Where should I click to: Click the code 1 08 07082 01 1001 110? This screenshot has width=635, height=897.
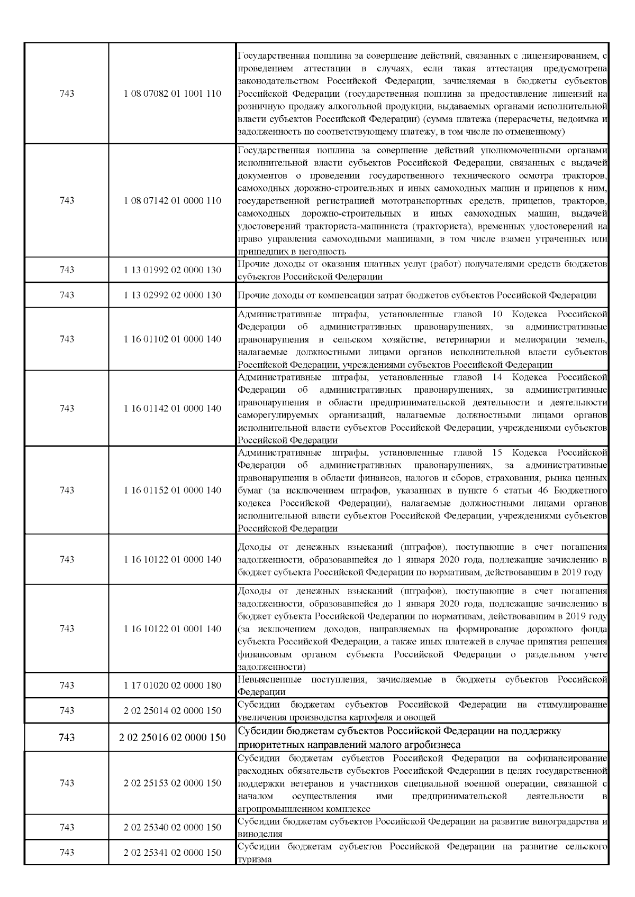pyautogui.click(x=173, y=94)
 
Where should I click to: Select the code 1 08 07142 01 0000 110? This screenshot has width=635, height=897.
pyautogui.click(x=173, y=201)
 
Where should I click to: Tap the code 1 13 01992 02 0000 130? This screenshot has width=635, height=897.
pyautogui.click(x=173, y=270)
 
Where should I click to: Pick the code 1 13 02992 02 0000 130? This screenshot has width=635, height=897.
pyautogui.click(x=173, y=295)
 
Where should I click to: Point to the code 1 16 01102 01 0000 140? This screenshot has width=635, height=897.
pyautogui.click(x=173, y=339)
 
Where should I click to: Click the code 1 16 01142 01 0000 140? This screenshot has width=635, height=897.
pyautogui.click(x=173, y=408)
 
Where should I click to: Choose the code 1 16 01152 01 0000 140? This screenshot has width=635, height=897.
pyautogui.click(x=173, y=490)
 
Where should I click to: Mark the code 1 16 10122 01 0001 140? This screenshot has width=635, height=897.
pyautogui.click(x=173, y=628)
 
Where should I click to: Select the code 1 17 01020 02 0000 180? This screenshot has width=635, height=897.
pyautogui.click(x=173, y=685)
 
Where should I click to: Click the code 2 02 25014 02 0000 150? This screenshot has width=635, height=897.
pyautogui.click(x=173, y=710)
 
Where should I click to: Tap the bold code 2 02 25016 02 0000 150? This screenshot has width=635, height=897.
pyautogui.click(x=173, y=737)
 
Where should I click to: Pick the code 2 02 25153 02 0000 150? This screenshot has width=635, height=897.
pyautogui.click(x=173, y=783)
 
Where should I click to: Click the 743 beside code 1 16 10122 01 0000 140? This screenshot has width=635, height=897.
pyautogui.click(x=67, y=559)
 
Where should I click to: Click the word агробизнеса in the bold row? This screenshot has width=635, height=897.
pyautogui.click(x=431, y=745)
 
